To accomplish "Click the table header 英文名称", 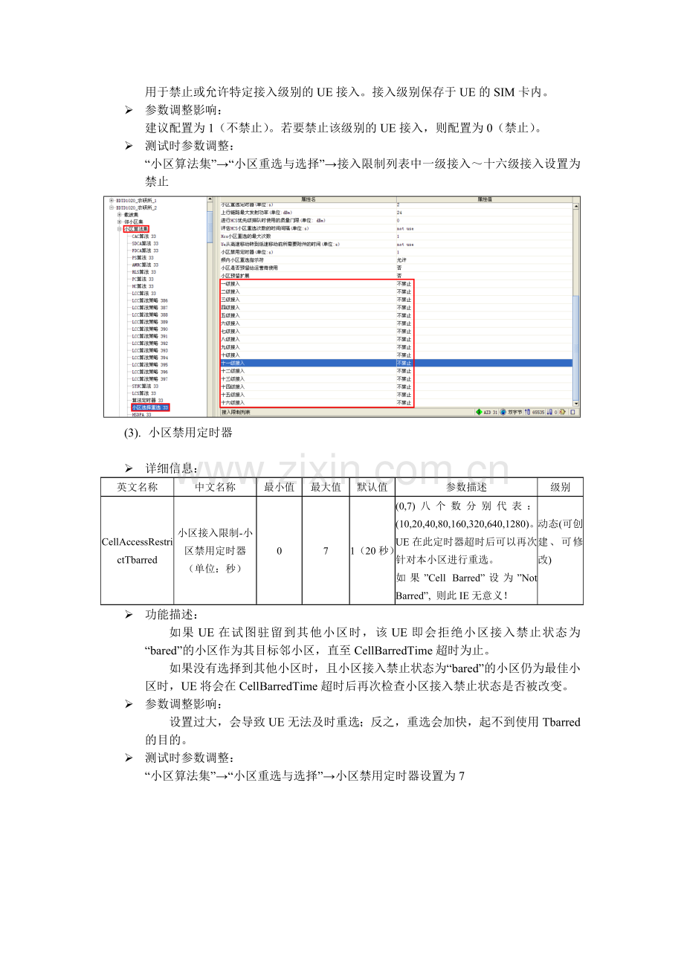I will click(x=138, y=487).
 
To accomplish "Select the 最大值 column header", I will click(x=326, y=487).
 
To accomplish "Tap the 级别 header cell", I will click(x=560, y=487).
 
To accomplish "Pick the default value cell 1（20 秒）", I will click(x=372, y=551).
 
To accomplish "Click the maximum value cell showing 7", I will click(x=326, y=551).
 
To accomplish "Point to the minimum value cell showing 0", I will click(x=279, y=551).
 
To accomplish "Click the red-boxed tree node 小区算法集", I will click(x=136, y=229).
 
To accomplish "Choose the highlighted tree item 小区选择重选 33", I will click(x=150, y=407).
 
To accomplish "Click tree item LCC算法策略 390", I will click(x=149, y=329).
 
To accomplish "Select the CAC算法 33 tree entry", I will click(x=145, y=236).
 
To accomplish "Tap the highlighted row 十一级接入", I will click(x=233, y=363).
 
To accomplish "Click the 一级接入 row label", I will click(x=231, y=284).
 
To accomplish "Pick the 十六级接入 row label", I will click(x=233, y=402).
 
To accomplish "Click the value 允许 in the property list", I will click(x=401, y=259).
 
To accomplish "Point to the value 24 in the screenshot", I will click(x=399, y=213).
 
